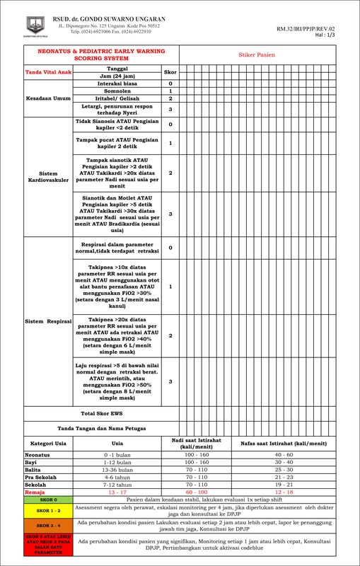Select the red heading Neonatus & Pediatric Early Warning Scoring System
click(101, 55)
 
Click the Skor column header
click(170, 72)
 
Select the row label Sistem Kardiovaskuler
click(48, 176)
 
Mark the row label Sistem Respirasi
click(48, 321)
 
